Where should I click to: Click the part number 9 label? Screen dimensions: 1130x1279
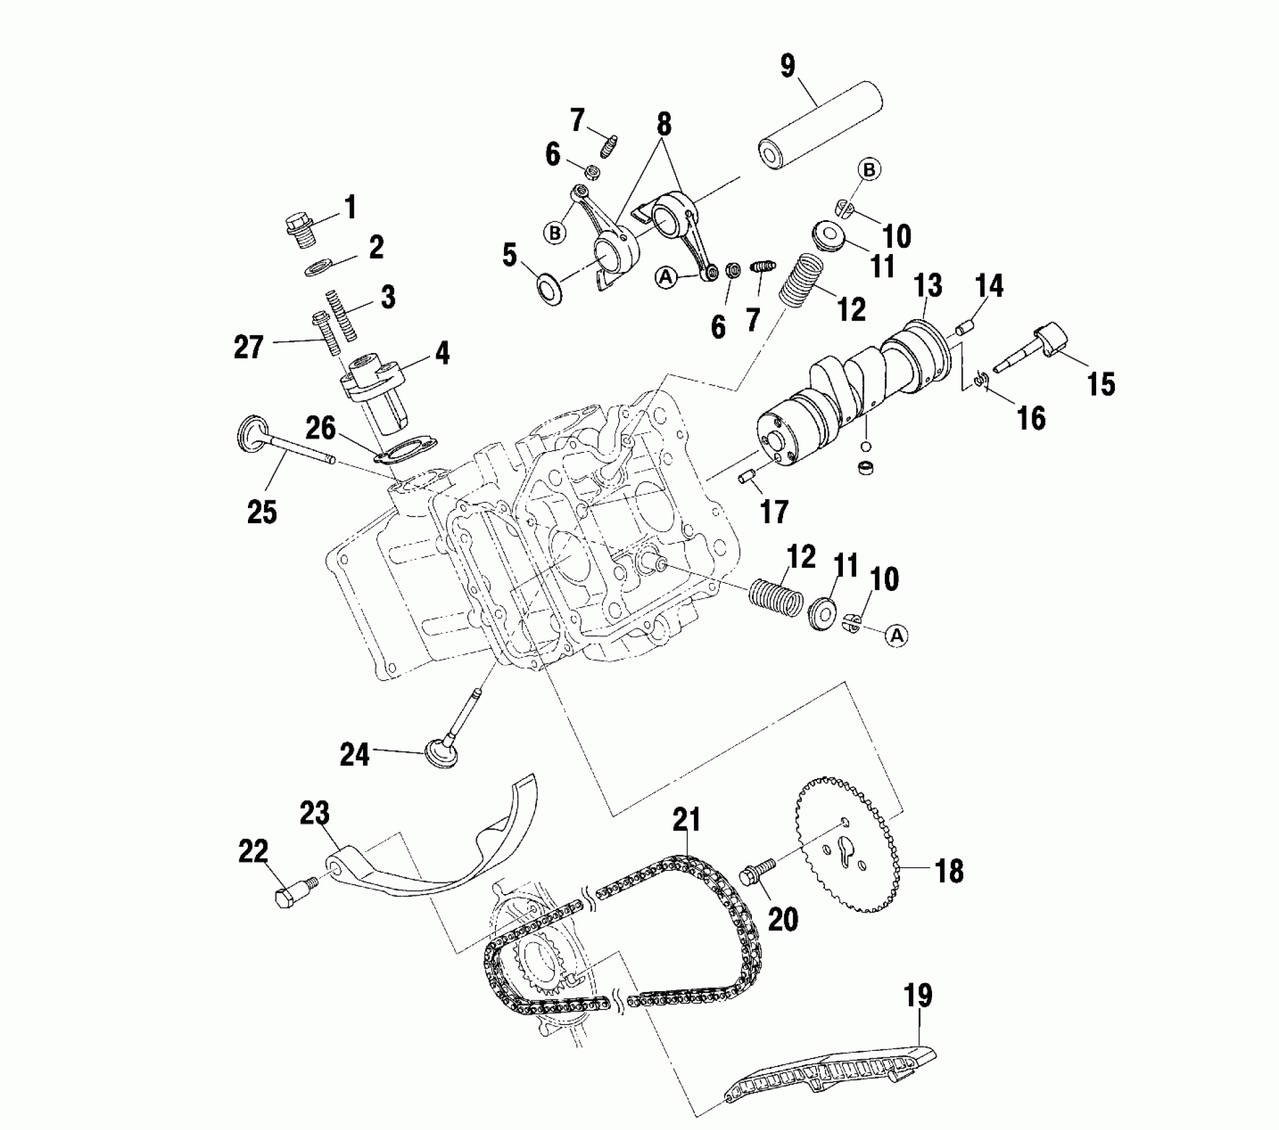pos(787,66)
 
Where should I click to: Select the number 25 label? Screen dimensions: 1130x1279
pos(262,512)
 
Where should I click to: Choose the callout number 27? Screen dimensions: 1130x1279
pos(248,347)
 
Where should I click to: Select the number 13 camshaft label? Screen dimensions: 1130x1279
pos(928,286)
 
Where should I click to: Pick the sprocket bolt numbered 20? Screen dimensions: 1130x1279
pos(756,872)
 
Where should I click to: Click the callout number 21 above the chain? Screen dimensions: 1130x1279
pos(687,820)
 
